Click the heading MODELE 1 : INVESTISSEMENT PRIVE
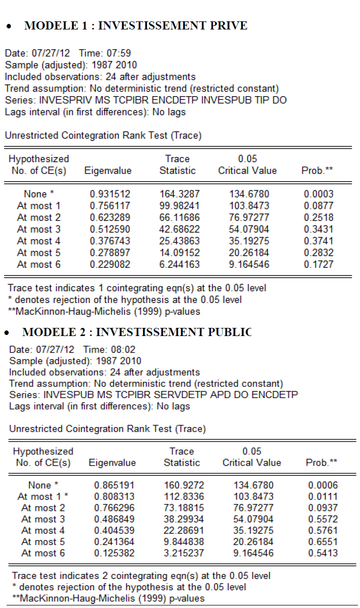tap(136, 26)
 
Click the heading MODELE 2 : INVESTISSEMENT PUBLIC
tap(137, 332)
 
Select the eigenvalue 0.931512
tap(110, 194)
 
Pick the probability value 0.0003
tap(319, 194)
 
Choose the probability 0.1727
tap(319, 264)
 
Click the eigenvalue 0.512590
tap(110, 229)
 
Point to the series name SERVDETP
tap(177, 394)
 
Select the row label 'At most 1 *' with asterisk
tap(43, 497)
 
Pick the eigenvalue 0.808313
tap(114, 497)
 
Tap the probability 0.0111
tap(323, 497)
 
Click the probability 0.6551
tap(323, 541)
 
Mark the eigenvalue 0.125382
tap(114, 553)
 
